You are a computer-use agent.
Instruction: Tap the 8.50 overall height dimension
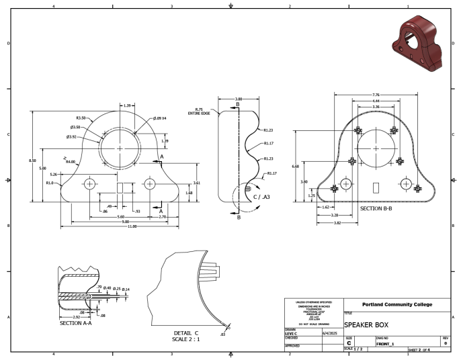[42, 160]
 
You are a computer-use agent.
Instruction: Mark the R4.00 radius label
[71, 162]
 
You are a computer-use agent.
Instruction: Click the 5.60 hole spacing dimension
[120, 217]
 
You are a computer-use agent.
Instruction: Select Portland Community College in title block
[397, 304]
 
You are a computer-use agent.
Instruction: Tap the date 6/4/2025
[329, 332]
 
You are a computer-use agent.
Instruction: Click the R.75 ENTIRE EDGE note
[199, 111]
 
